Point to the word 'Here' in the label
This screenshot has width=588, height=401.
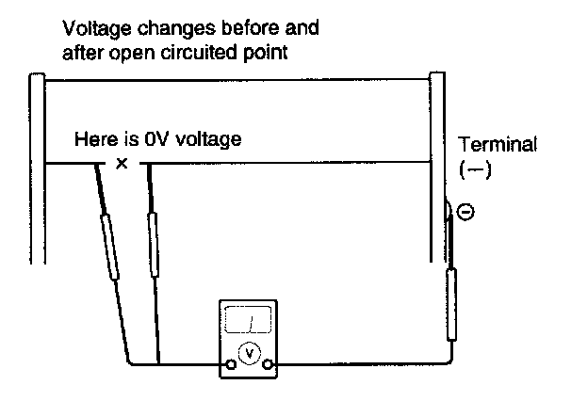click(x=93, y=140)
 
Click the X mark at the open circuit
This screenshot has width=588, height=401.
click(x=121, y=164)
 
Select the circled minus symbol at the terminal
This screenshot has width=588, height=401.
click(x=465, y=214)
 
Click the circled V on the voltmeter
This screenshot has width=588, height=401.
click(x=249, y=352)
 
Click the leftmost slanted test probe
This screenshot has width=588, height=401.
click(x=111, y=247)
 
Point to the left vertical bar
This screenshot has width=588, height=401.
click(x=37, y=169)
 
